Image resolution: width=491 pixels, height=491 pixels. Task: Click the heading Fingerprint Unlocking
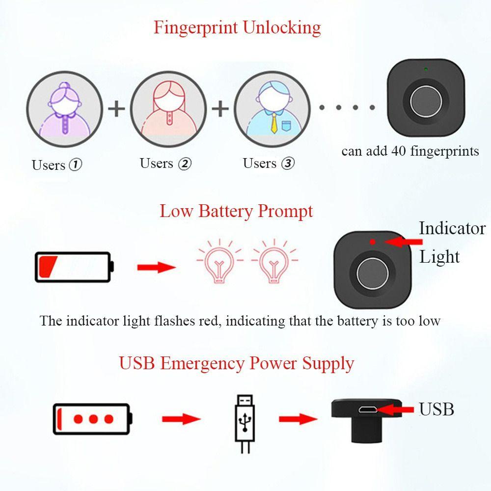(x=237, y=27)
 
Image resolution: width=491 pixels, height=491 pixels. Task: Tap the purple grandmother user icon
(x=64, y=109)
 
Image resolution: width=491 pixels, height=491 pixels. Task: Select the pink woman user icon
(x=168, y=109)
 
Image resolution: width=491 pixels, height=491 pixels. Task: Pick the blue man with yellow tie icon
(x=272, y=109)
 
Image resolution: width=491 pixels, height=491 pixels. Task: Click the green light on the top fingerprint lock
(x=426, y=69)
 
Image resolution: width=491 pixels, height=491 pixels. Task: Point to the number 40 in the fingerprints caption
(x=399, y=151)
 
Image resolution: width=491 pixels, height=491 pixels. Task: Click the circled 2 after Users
(x=185, y=164)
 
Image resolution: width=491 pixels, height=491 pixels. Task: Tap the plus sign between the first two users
(x=116, y=109)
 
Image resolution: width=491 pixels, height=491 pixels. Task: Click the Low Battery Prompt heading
(x=236, y=211)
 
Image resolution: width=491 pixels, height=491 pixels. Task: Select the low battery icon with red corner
(x=74, y=267)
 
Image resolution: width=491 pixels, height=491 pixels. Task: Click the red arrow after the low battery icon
(x=156, y=267)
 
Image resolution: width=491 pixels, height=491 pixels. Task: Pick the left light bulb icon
(x=219, y=262)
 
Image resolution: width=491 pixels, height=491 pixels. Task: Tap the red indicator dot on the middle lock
(x=372, y=242)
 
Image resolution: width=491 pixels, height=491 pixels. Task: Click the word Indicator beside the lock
(x=452, y=228)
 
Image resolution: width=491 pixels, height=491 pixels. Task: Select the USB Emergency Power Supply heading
(x=237, y=363)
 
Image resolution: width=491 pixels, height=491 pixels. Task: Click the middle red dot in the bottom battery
(x=93, y=419)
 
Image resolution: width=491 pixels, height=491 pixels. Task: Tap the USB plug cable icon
(x=245, y=424)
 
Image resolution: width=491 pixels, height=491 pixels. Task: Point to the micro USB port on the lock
(x=368, y=409)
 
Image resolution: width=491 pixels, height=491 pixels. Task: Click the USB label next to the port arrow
(x=436, y=409)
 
